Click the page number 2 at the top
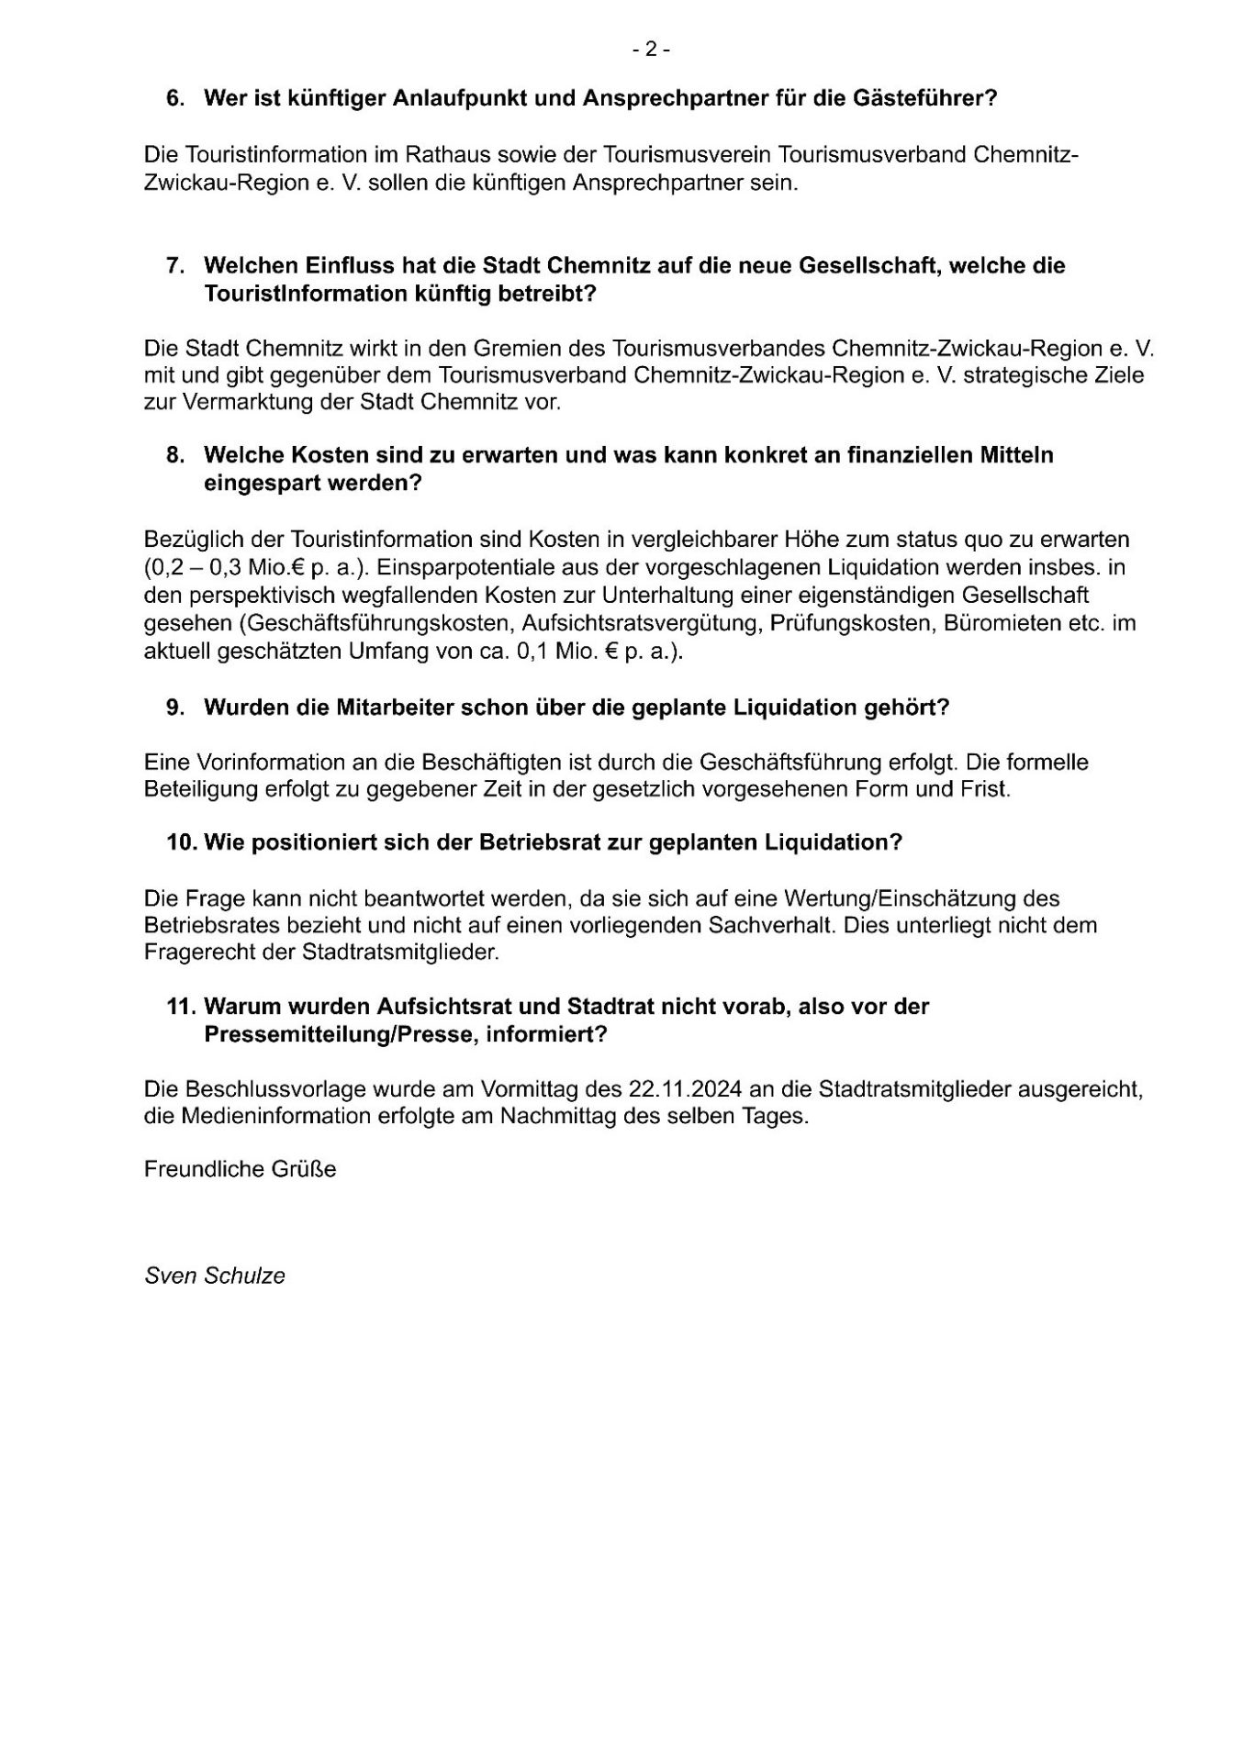point(651,50)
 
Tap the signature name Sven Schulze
point(215,1276)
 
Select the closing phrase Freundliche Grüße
point(241,1169)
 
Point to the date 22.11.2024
point(686,1089)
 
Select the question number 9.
point(174,708)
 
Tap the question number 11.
point(178,1006)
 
